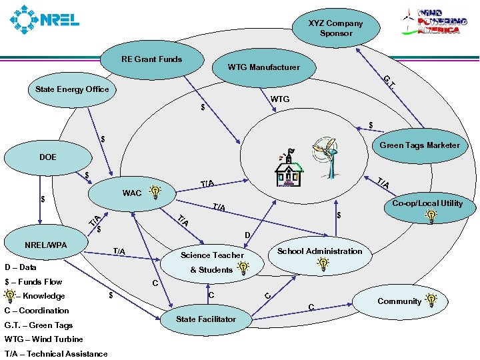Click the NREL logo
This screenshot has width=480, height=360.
(44, 20)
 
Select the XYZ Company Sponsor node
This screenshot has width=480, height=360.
(335, 28)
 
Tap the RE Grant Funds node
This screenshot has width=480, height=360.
(151, 59)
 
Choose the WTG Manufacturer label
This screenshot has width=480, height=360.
(263, 67)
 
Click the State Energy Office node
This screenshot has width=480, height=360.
(72, 89)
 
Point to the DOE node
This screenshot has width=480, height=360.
(48, 157)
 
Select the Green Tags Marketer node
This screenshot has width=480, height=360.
(419, 145)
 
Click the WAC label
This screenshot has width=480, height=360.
(132, 193)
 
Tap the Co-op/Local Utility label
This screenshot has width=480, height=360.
(427, 203)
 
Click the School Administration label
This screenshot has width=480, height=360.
(319, 251)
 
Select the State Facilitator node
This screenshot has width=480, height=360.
(206, 319)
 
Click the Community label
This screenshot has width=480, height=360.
(399, 301)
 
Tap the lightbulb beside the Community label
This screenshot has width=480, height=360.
(431, 301)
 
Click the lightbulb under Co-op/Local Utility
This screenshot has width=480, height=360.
(431, 216)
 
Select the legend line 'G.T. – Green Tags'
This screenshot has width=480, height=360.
(39, 325)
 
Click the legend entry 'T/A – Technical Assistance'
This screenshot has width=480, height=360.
(56, 354)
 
